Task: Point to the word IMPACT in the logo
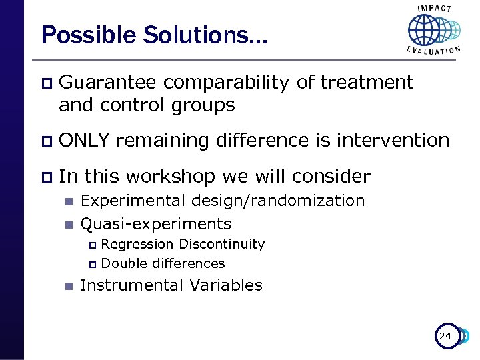click(x=434, y=9)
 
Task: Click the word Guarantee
click(x=107, y=83)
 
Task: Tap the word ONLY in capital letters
click(x=85, y=141)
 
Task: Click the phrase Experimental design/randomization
click(x=222, y=201)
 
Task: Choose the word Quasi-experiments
click(x=155, y=224)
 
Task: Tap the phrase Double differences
click(x=163, y=263)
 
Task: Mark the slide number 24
click(x=445, y=336)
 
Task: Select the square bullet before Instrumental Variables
click(x=67, y=286)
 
